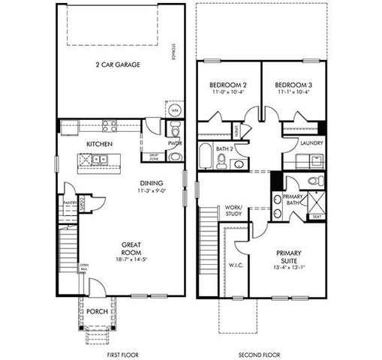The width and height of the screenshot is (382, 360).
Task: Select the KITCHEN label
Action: tap(100, 143)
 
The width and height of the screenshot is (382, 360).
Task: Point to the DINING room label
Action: tap(152, 183)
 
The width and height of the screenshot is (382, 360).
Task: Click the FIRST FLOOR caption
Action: tap(122, 353)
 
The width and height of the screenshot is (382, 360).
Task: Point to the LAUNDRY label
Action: tap(311, 142)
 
